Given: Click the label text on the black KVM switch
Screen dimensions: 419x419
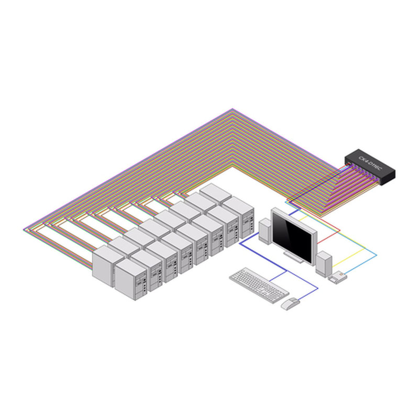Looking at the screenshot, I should click(371, 162).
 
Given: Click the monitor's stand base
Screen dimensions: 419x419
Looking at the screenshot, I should click(295, 257).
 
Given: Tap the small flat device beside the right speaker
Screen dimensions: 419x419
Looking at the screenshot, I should click(338, 277).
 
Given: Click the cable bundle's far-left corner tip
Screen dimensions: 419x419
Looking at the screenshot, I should click(25, 229).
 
